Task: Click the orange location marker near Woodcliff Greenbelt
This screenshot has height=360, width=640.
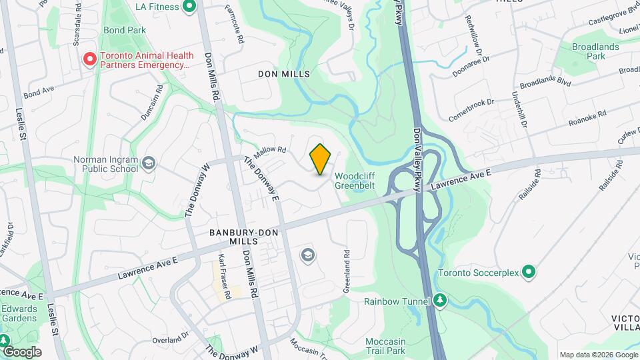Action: (x=320, y=159)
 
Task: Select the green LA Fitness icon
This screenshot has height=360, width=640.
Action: (x=189, y=7)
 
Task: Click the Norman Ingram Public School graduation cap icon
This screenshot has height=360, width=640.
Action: (x=149, y=163)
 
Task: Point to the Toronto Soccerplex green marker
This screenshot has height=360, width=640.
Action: (x=529, y=272)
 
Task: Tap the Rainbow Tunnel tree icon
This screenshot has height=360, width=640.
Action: (x=439, y=301)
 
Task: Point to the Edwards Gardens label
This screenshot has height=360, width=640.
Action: (x=19, y=313)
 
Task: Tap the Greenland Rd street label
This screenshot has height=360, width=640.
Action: (x=347, y=271)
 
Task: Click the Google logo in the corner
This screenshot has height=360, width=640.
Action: (x=21, y=351)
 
